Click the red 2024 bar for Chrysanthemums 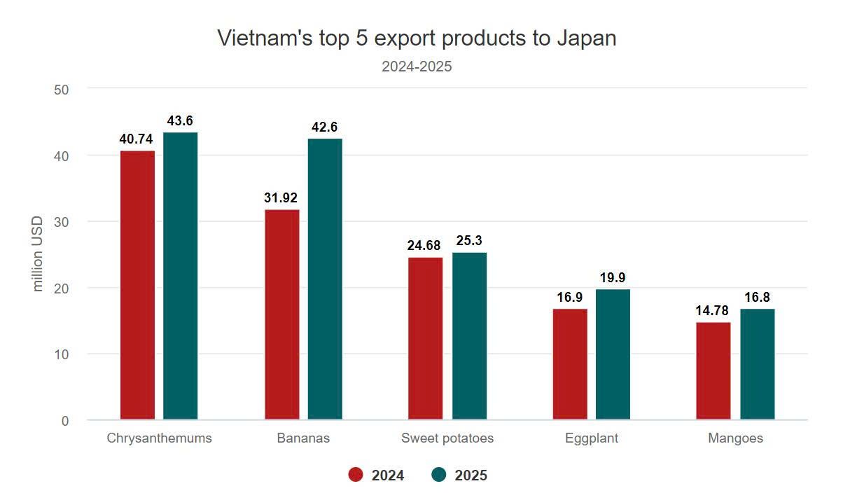137,285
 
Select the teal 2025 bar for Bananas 325,279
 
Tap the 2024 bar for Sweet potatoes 425,338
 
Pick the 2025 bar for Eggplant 613,354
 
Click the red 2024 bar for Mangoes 713,371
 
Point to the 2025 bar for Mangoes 758,364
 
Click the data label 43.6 180,121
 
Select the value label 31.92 281,198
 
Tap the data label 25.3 469,241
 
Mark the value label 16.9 570,298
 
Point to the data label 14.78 713,312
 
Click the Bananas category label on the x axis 303,438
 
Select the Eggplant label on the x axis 592,438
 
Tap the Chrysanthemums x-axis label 159,438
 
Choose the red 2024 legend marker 356,475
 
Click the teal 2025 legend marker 439,475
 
